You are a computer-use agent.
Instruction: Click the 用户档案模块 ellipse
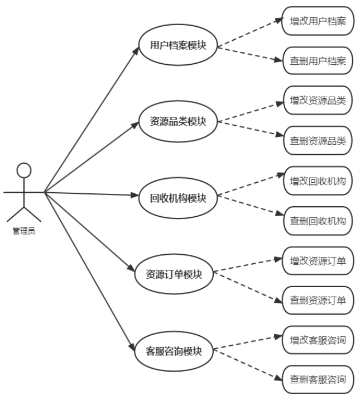tap(178, 46)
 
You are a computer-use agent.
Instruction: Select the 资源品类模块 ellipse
tap(178, 121)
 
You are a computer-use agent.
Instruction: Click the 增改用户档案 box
tap(317, 21)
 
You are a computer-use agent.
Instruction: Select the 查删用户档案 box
tap(317, 60)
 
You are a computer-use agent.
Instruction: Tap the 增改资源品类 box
tap(317, 101)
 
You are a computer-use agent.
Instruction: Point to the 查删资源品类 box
tap(317, 140)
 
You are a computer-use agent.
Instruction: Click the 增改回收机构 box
tap(317, 180)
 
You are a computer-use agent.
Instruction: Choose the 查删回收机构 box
tap(317, 220)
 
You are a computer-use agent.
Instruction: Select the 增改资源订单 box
tap(317, 260)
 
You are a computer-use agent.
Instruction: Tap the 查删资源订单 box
tap(317, 300)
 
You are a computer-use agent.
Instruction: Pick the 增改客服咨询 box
tap(317, 340)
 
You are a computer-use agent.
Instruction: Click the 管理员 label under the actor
tap(23, 230)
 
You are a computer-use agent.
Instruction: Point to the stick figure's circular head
tap(23, 170)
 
